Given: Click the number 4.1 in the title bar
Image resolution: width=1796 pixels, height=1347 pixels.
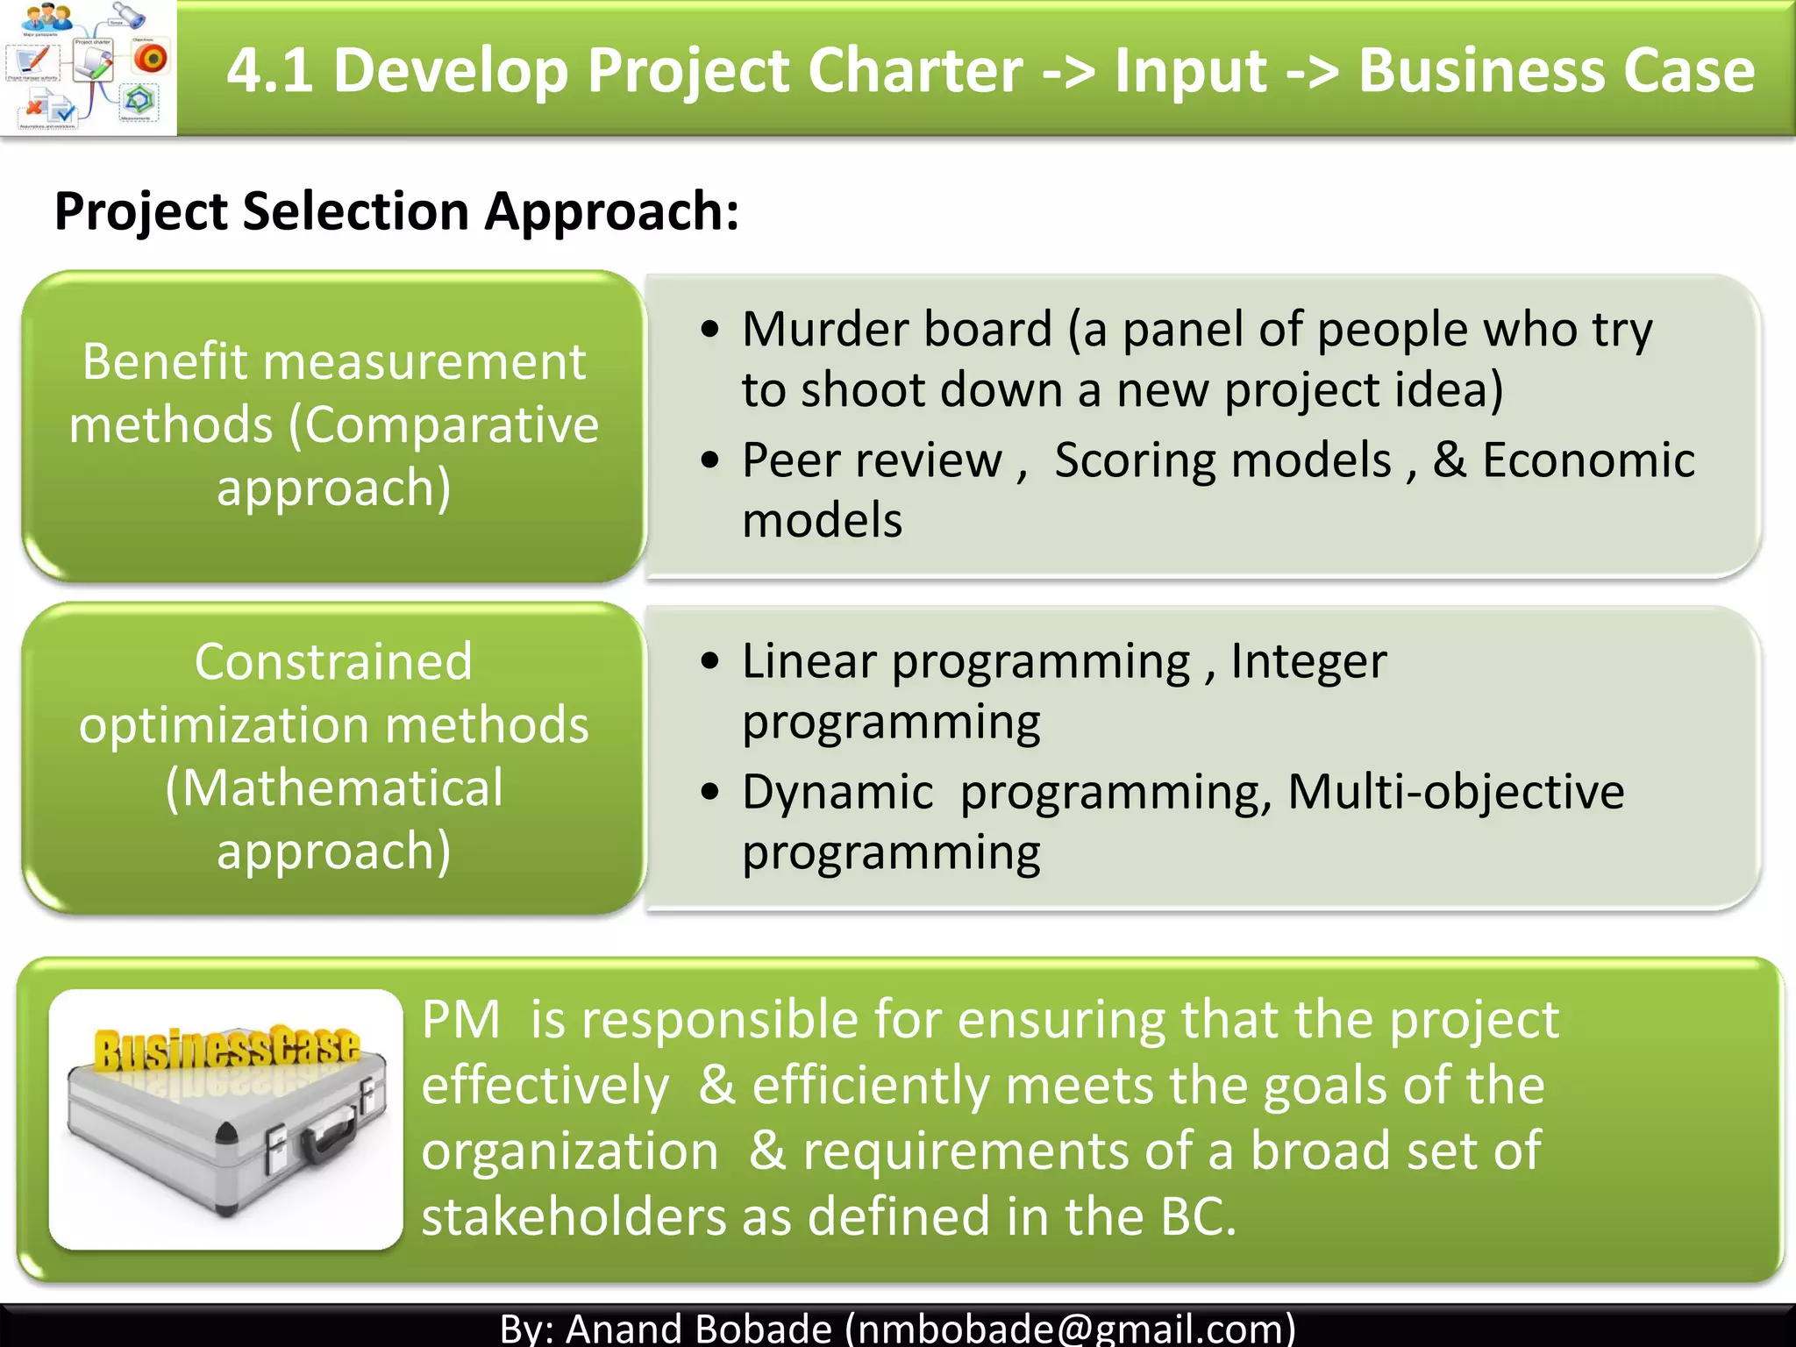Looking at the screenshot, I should (269, 70).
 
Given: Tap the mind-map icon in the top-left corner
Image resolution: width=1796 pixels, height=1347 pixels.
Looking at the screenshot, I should (88, 68).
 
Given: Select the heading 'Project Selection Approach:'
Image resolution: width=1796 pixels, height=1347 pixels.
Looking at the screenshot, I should (396, 211).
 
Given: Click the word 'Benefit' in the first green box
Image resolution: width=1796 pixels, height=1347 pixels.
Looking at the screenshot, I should (166, 361).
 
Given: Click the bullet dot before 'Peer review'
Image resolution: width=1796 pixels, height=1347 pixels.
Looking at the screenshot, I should (709, 460).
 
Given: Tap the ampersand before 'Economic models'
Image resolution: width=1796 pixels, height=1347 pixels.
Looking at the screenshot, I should (1449, 460).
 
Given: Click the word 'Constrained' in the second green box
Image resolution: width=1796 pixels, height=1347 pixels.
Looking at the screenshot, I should (333, 661).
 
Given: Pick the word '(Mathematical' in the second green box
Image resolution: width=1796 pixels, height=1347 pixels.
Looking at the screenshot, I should (333, 788).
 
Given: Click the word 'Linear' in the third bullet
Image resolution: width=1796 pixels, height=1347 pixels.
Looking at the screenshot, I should (809, 661).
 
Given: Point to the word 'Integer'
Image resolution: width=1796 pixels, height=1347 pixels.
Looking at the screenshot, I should (1308, 661).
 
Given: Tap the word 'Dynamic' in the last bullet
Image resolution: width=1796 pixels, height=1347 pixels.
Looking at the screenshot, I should (837, 792).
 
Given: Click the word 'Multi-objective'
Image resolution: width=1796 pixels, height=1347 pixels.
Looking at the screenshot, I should (1456, 792).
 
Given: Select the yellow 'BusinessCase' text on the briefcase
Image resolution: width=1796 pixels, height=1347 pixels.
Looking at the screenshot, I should (226, 1047).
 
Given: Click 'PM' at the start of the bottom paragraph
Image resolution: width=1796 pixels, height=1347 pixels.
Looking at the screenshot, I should (460, 1020).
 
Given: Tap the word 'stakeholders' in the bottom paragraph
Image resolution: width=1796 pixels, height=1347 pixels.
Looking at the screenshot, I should (574, 1217).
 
